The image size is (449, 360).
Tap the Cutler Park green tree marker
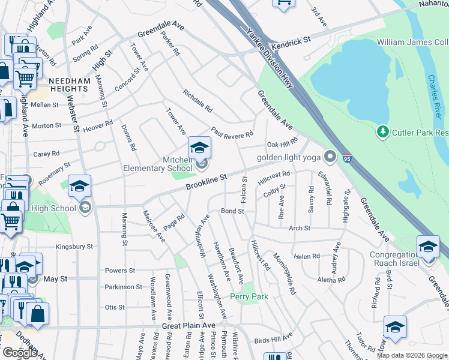[x=382, y=131]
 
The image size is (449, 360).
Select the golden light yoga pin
[x=330, y=157]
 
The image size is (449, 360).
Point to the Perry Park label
[x=249, y=296]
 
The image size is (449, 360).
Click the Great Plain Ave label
[x=188, y=326]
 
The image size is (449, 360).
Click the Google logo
[x=20, y=352]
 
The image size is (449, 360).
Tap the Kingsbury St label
[x=74, y=247]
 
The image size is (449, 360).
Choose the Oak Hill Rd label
[x=282, y=145]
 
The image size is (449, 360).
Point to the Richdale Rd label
[x=197, y=101]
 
